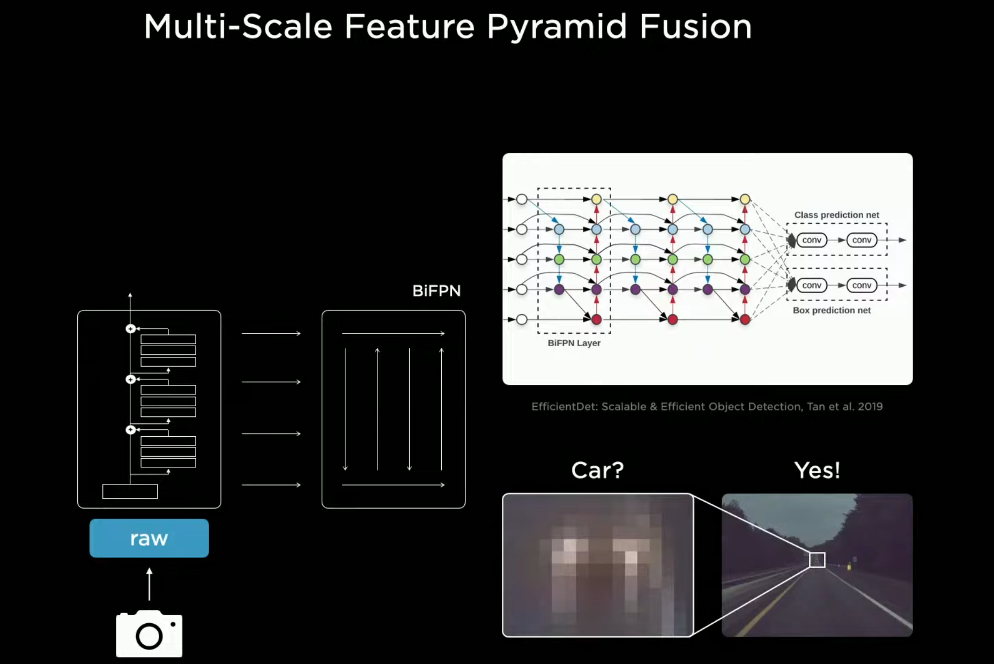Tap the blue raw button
pos(149,538)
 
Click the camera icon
pos(149,633)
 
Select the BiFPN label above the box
pos(436,291)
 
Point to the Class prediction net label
pos(836,215)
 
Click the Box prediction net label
pos(832,310)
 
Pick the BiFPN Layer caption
pos(574,343)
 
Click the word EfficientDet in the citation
pos(563,406)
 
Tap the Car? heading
pos(597,471)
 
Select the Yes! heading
pos(817,471)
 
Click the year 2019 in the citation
pos(870,406)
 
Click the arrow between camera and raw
pos(149,584)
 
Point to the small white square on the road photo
pos(817,560)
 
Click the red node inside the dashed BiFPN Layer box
pos(596,319)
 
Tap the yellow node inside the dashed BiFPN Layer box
pos(596,199)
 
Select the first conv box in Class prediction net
pos(812,240)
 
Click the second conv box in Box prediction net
pos(862,285)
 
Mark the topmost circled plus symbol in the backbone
pos(130,329)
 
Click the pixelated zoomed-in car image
pos(597,565)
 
